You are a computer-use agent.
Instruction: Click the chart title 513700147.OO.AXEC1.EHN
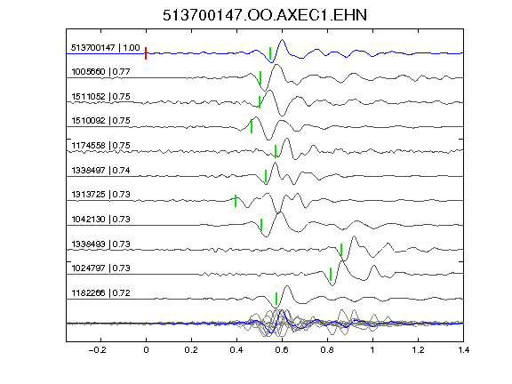265,15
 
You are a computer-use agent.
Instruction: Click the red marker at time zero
146,53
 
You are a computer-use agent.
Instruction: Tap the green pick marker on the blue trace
270,53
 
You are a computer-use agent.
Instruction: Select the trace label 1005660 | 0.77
100,71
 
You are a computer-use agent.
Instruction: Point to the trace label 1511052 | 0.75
100,97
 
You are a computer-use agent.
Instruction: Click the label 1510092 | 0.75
100,121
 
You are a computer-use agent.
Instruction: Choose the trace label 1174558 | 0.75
100,146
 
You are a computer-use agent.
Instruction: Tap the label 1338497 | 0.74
100,171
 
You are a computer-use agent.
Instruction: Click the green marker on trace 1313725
236,201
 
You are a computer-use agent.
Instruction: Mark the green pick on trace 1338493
341,250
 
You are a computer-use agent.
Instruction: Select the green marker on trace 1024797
331,275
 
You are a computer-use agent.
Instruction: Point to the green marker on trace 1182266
276,299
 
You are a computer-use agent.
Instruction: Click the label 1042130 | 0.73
100,219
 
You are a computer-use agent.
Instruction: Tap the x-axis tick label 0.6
282,350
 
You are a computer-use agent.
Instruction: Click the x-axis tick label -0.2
97,350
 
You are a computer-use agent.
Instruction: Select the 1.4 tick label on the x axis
463,350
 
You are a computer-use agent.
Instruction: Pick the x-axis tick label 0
146,350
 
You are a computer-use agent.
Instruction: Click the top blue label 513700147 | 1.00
106,48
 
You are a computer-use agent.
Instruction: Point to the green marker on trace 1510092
252,127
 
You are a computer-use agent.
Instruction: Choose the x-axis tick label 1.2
418,350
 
